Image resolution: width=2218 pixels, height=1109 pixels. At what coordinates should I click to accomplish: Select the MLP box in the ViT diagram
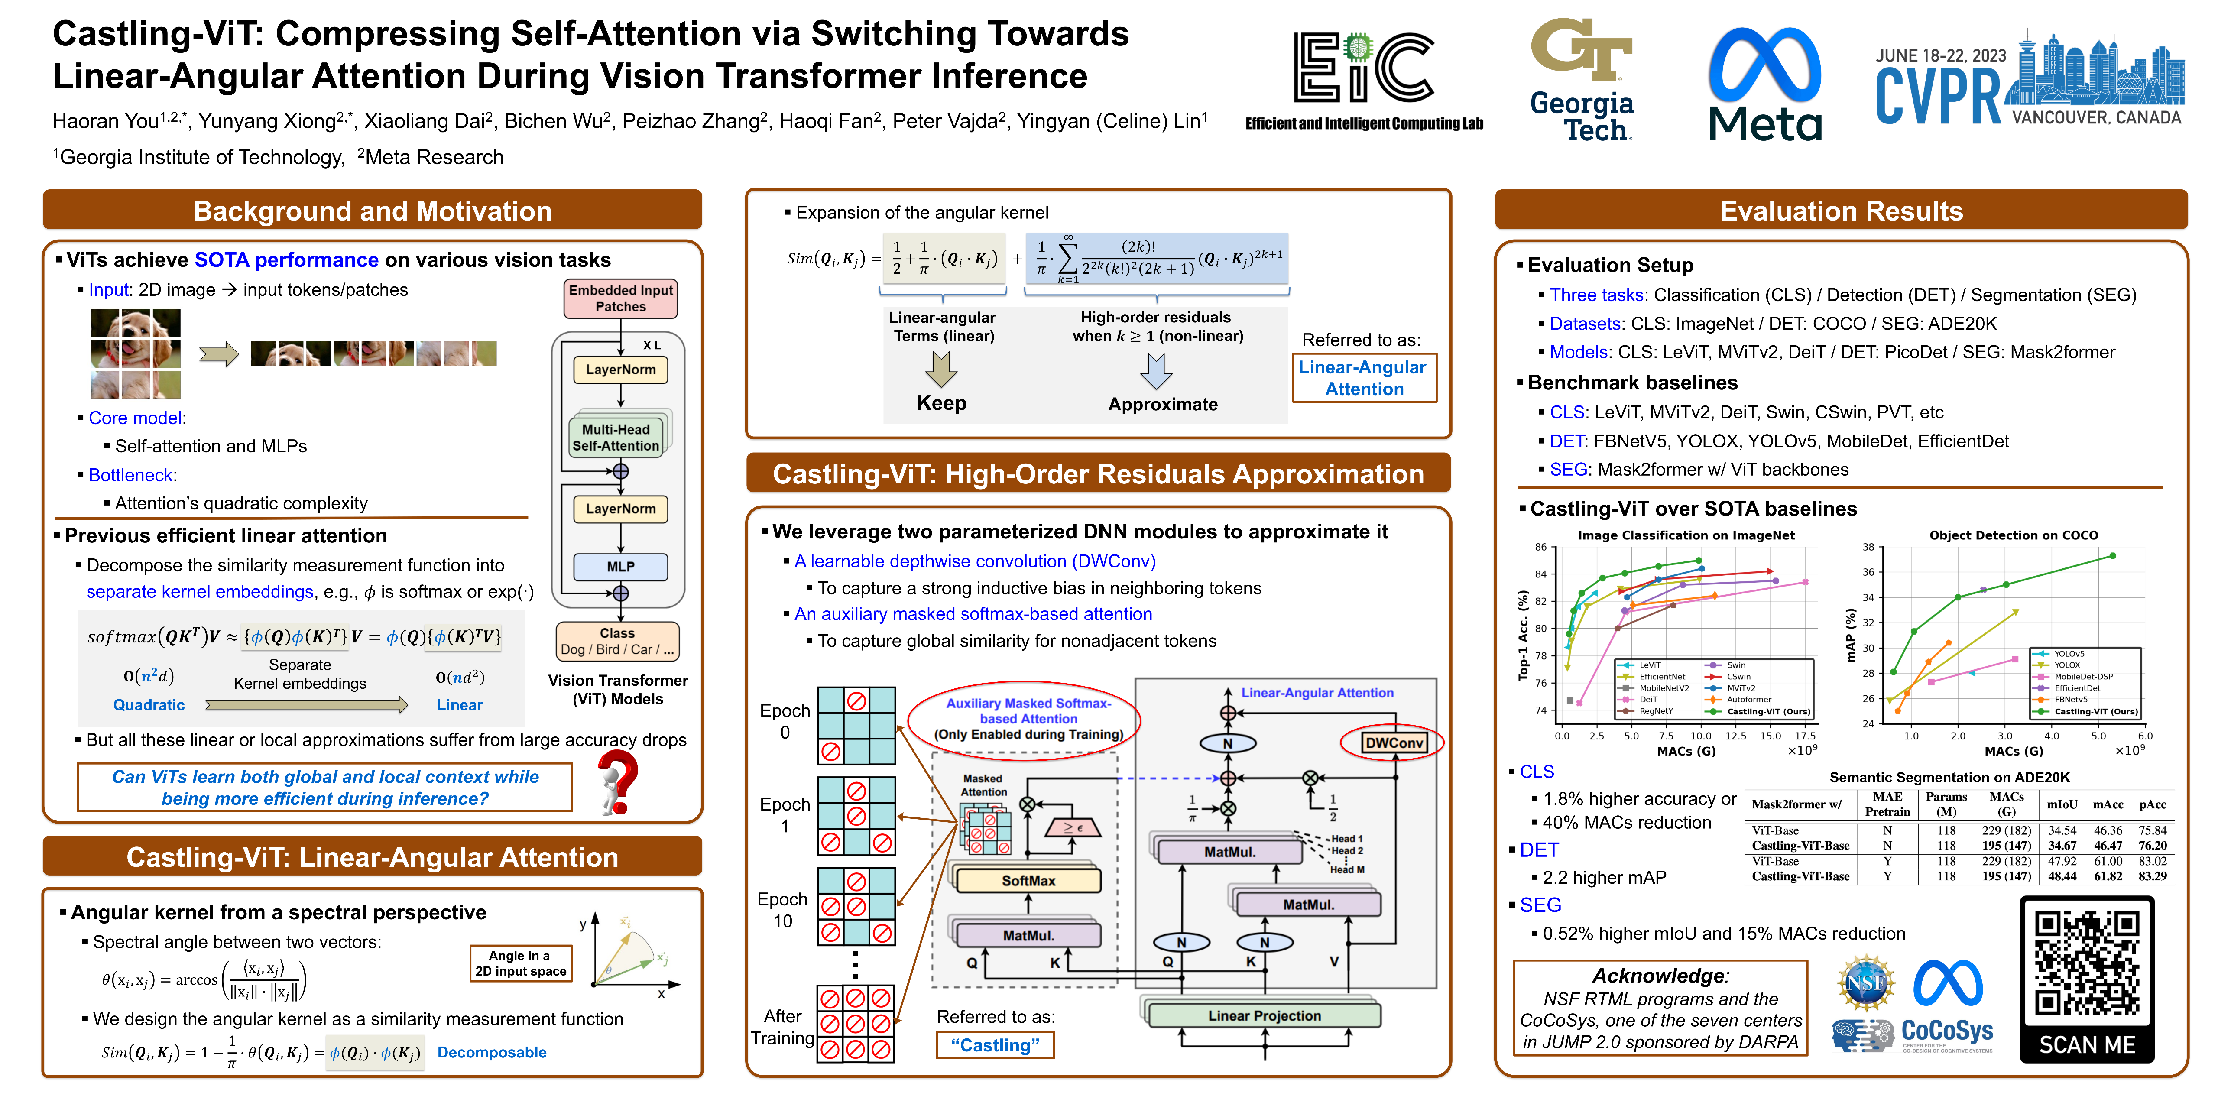point(620,567)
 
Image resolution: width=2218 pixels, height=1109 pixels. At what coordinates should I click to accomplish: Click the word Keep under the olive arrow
point(941,403)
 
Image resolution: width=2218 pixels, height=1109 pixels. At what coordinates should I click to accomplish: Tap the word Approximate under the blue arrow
point(1162,404)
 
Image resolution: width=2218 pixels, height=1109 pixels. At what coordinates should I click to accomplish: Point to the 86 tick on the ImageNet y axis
point(1540,547)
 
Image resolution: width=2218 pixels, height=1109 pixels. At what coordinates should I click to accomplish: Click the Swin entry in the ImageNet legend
point(1736,665)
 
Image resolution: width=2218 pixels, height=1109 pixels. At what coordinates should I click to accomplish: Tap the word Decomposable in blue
point(492,1052)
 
